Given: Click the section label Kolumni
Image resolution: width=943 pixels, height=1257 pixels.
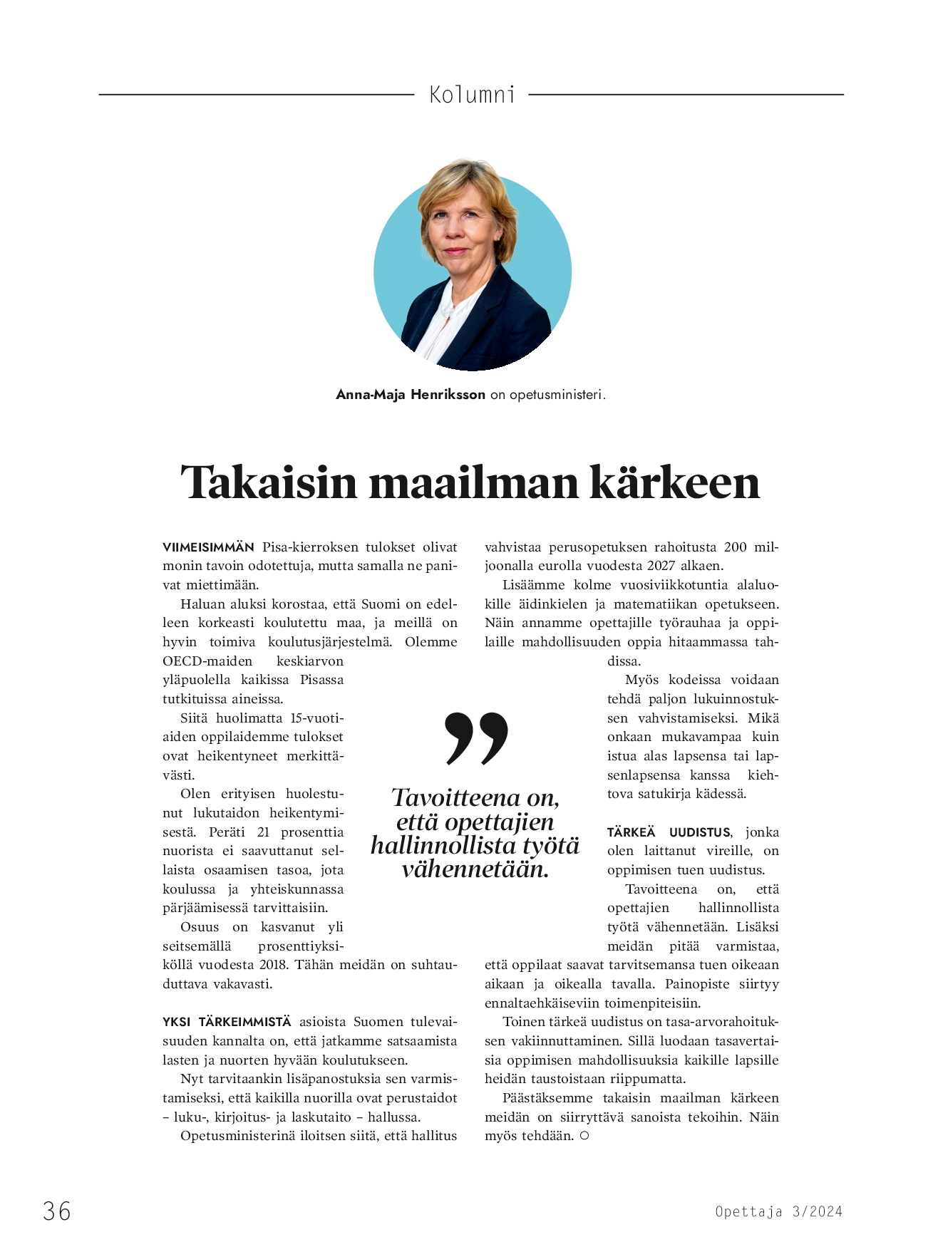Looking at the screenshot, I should point(472,95).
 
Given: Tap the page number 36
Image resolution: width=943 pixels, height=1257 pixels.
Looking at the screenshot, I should point(57,1211).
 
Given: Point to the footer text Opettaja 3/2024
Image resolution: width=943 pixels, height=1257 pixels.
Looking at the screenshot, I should point(778,1211).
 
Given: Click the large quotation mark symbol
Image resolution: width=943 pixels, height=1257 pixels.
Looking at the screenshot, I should point(476,738).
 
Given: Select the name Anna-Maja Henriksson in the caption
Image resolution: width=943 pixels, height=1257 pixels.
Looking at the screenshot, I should point(411,394).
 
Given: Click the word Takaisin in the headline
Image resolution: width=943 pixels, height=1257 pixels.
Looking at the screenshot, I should point(269,482).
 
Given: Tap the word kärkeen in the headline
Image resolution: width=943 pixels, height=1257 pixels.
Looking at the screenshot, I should point(674,482).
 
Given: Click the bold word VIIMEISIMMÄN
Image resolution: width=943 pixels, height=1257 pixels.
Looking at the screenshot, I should point(208,547).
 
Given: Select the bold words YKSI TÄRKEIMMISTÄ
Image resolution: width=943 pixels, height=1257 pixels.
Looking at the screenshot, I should point(227,1022).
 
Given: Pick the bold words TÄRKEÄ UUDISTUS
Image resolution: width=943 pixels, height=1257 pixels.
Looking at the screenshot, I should point(669,832).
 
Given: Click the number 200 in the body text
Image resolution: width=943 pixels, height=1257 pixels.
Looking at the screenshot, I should point(735,547).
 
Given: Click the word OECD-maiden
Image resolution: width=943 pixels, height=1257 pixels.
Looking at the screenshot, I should point(207,661).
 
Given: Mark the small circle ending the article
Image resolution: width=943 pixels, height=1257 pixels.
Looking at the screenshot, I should point(584,1136).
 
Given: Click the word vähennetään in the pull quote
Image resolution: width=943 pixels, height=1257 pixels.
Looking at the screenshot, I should point(475,869).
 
